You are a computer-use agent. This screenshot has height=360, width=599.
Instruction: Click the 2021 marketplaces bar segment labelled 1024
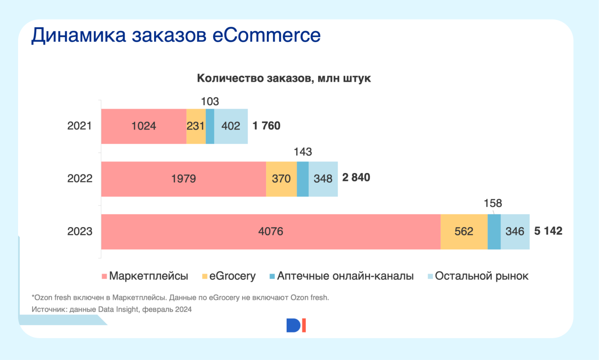(144, 126)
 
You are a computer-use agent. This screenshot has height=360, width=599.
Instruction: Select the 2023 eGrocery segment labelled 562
(464, 231)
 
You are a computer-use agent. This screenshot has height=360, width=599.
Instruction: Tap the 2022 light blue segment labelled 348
(323, 179)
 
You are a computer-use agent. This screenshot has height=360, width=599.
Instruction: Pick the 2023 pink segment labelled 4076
(270, 231)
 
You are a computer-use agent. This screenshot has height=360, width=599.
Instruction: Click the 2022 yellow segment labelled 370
(281, 179)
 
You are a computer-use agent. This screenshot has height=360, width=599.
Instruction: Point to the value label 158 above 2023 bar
(492, 204)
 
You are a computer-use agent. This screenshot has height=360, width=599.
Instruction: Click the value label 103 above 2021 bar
(210, 101)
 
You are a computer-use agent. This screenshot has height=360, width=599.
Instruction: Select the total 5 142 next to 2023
(548, 231)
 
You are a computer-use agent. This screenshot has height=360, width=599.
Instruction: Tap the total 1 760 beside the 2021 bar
(266, 126)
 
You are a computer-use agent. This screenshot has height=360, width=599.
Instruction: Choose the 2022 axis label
(80, 179)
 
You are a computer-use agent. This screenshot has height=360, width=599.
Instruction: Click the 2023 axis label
(80, 231)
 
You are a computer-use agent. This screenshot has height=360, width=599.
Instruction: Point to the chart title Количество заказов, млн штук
(284, 79)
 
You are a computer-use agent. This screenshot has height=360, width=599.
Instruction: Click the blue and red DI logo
(296, 325)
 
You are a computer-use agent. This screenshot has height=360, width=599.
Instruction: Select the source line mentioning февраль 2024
(111, 309)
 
